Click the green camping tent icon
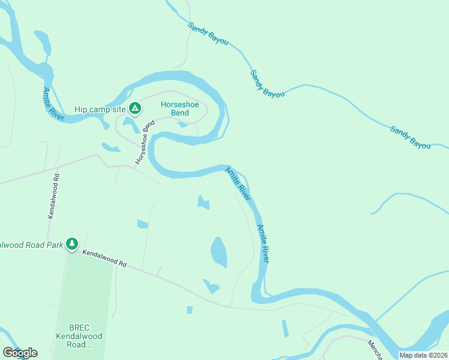point(136,109)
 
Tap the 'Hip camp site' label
point(100,109)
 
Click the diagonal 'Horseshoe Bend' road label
point(145,142)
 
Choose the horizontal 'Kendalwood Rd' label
point(105,259)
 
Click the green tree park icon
point(72,244)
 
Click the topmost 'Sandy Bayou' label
point(208,35)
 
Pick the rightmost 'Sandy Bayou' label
point(411,137)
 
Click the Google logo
point(19,353)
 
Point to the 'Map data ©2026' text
point(423,355)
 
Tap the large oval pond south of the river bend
point(219,251)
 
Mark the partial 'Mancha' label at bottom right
point(376,349)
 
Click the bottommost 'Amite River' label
point(263,244)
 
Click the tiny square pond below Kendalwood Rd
point(190,310)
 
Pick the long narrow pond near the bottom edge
point(285,328)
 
